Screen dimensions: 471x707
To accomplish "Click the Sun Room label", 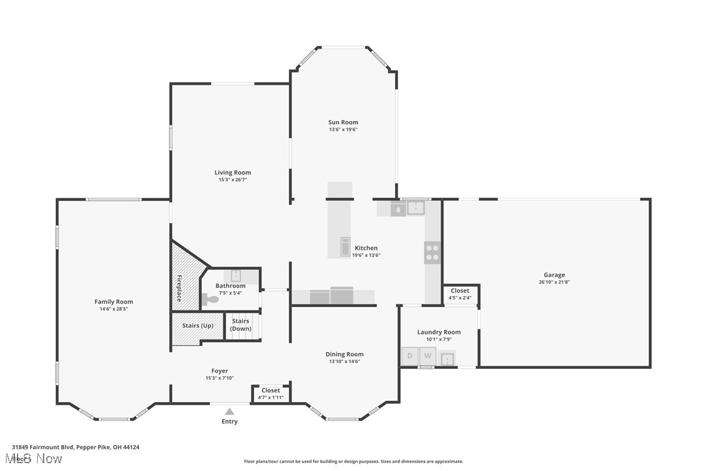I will [342, 122].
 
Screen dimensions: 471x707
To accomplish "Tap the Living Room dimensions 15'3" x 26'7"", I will [232, 180].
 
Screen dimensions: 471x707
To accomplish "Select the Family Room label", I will [113, 302].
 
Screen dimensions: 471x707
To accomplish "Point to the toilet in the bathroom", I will [210, 299].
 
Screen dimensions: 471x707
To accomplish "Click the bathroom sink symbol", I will [236, 275].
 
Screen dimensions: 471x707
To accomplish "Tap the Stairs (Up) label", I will [198, 325].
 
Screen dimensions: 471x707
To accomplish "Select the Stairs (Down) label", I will [241, 325].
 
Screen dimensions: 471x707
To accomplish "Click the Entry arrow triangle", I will [229, 411].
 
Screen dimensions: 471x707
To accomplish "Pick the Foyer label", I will [219, 371].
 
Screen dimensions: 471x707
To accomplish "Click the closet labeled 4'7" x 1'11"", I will [271, 394].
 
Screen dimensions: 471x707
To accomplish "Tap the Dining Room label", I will [344, 355].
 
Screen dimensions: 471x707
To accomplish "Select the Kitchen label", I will [366, 248].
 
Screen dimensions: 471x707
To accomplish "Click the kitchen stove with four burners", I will [432, 252].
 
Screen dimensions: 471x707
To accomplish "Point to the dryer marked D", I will [410, 356].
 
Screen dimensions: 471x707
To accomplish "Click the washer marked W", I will [428, 356].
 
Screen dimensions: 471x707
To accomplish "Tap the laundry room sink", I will [447, 358].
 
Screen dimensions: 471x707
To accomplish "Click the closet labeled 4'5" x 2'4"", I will [460, 294].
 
